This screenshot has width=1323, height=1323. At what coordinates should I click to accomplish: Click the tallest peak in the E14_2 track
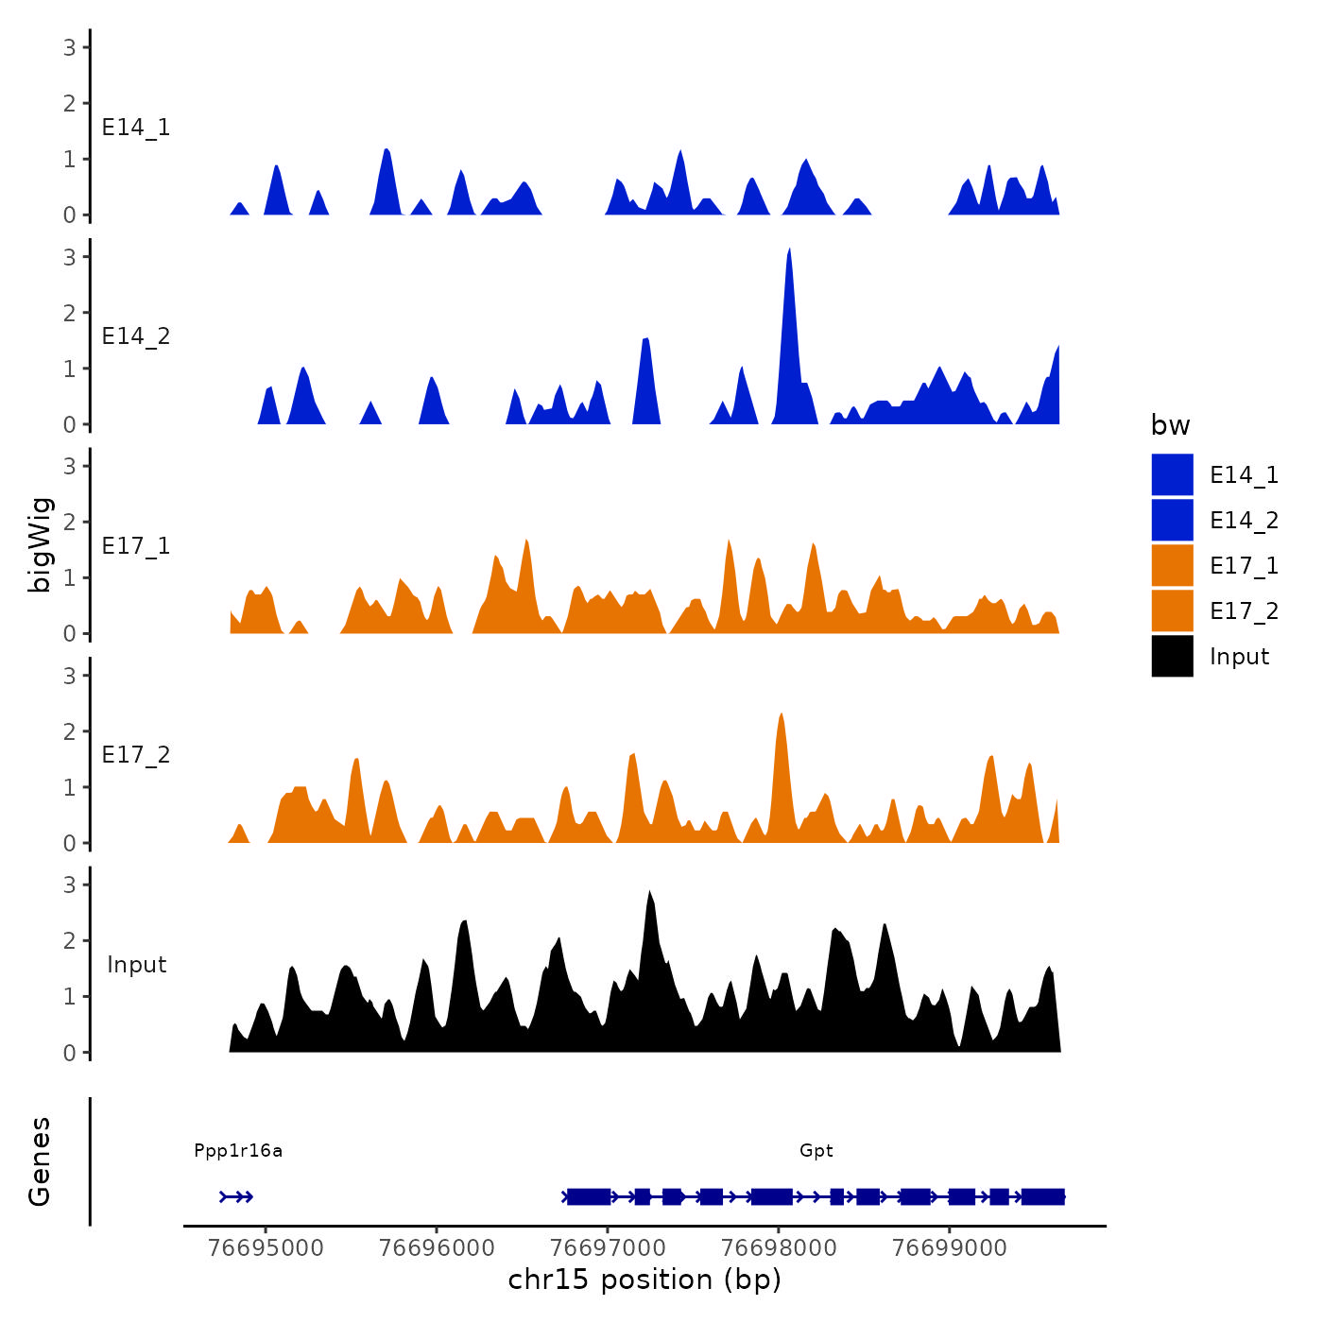(789, 251)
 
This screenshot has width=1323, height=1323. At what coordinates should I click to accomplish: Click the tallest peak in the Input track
(649, 893)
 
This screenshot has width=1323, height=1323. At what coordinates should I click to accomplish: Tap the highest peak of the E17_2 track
(781, 715)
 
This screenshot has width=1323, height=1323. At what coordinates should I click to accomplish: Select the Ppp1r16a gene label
(238, 1150)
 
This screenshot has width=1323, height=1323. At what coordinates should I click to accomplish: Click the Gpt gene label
(816, 1150)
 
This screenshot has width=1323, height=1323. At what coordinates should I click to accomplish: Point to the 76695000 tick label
(266, 1248)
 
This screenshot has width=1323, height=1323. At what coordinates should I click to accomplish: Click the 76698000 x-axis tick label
(779, 1248)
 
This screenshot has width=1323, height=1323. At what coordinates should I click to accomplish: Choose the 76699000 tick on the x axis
(950, 1248)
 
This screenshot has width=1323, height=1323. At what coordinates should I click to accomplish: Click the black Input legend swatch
(1172, 657)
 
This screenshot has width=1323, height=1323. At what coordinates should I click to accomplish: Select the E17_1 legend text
(1244, 566)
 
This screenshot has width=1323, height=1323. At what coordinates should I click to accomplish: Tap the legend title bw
(1170, 425)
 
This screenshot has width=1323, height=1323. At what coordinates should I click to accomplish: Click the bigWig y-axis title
(41, 545)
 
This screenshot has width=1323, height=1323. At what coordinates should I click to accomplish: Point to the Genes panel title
(40, 1161)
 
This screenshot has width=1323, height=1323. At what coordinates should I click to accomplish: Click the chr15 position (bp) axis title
(644, 1280)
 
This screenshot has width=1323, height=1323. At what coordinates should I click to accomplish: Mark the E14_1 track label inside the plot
(136, 128)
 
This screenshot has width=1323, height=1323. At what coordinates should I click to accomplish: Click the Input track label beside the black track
(136, 965)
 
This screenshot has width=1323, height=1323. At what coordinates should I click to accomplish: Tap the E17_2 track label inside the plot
(136, 755)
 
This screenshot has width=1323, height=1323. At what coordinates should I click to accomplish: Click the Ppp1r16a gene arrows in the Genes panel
(236, 1197)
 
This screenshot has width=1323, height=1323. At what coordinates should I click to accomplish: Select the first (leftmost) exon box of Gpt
(589, 1197)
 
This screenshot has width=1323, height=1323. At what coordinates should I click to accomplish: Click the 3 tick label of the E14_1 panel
(70, 47)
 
